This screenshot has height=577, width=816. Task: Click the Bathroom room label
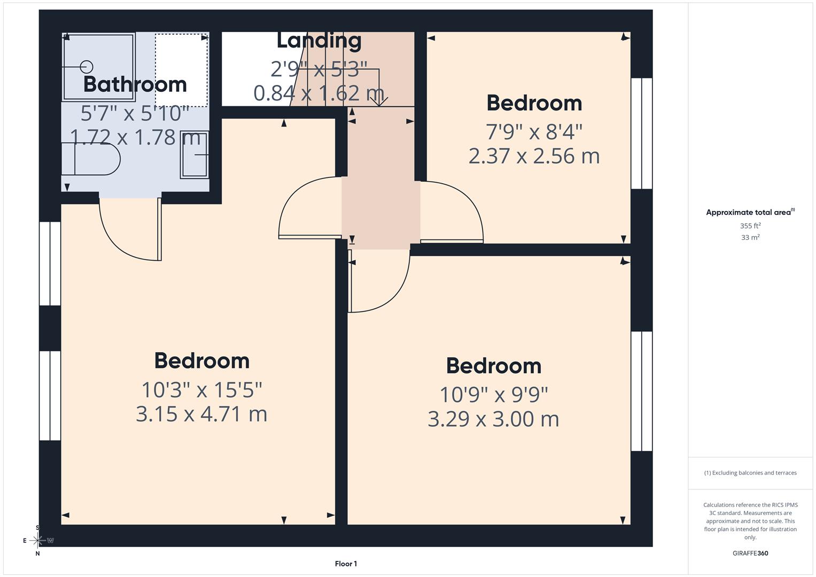[135, 84]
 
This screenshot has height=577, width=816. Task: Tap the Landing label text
[319, 41]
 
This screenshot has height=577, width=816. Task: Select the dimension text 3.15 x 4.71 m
[201, 414]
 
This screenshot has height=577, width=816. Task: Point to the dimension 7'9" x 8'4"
[534, 131]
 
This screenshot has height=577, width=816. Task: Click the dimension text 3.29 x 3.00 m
[493, 419]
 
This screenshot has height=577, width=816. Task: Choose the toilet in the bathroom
[91, 159]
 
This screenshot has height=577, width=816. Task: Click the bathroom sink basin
[195, 154]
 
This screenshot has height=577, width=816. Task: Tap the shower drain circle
[87, 67]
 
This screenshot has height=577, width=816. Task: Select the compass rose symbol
[37, 541]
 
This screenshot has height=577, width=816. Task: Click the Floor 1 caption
[346, 564]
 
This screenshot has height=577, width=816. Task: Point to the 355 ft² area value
[750, 226]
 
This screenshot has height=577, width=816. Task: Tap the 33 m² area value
[750, 238]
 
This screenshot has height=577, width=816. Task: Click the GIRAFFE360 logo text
[750, 553]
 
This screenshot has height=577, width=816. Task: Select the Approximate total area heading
[750, 213]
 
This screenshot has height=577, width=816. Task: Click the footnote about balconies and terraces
[750, 473]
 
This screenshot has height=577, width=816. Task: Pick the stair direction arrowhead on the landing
[379, 102]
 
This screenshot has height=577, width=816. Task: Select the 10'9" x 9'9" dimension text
[493, 395]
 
